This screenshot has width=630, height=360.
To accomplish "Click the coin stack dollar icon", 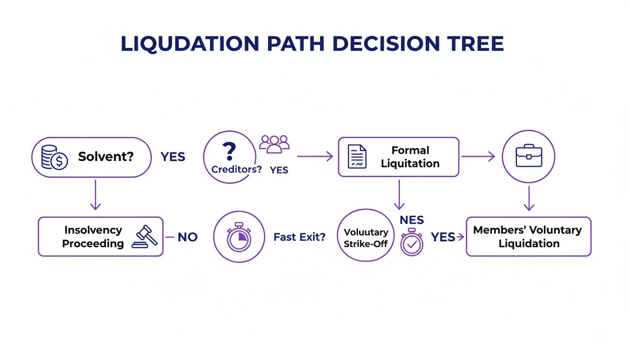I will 54,157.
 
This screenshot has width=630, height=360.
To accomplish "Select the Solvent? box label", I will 105,157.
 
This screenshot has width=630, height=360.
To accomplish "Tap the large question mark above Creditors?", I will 229,152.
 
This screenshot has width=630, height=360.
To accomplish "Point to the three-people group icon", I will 274,144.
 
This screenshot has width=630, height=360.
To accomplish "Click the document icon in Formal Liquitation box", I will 357,157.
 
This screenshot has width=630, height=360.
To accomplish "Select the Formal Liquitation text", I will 410,157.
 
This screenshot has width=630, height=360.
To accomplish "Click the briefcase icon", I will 528,157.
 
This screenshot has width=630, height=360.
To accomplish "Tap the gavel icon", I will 145,236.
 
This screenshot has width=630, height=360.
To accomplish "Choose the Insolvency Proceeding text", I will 93,237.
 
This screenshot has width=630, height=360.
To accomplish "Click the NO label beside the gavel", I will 187,237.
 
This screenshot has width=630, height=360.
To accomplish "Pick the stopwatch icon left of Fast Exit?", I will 239,237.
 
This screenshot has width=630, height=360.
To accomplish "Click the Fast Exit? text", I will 299,237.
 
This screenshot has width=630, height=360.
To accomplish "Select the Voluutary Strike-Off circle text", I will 366,238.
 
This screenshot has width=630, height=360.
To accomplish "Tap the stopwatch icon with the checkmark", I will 412,242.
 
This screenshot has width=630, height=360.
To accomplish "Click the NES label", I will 412,220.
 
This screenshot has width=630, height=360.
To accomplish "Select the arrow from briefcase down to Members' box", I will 529,199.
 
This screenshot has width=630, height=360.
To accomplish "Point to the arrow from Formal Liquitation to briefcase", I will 478,157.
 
